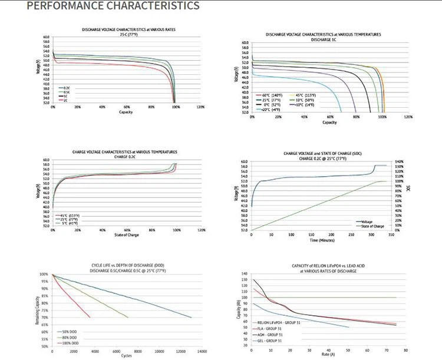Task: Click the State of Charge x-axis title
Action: pyautogui.click(x=126, y=235)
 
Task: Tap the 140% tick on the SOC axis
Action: pyautogui.click(x=398, y=161)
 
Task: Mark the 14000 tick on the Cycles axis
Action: pyautogui.click(x=201, y=351)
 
